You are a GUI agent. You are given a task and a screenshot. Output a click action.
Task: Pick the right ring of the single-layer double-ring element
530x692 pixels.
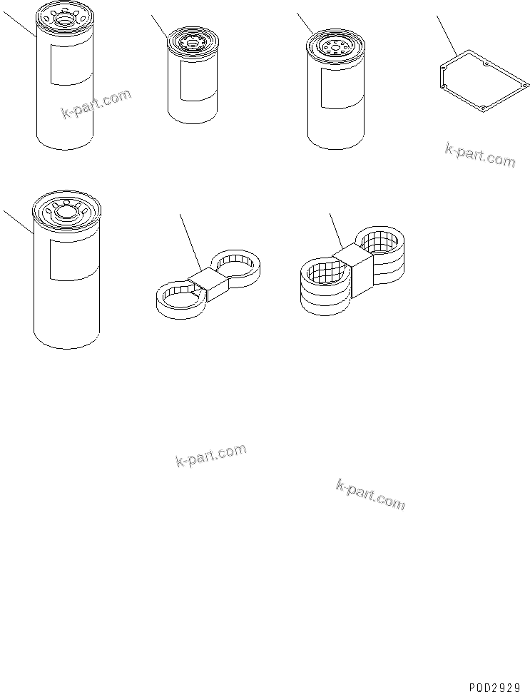[239, 265]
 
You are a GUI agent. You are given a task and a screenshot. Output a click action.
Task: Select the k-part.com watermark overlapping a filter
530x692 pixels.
[96, 105]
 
